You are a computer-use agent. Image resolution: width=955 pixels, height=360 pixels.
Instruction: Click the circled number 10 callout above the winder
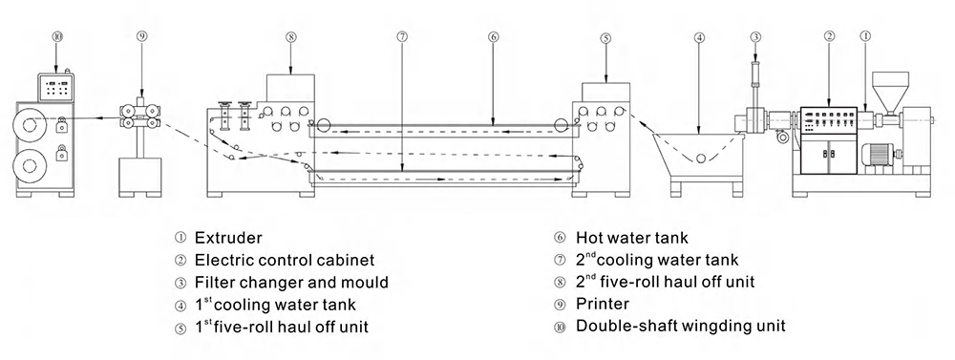[57, 37]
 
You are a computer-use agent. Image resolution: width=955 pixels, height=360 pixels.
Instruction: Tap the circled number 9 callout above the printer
[142, 37]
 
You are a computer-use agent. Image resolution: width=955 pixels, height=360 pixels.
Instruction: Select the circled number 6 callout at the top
[494, 37]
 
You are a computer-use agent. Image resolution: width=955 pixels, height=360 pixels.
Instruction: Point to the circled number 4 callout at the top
[699, 37]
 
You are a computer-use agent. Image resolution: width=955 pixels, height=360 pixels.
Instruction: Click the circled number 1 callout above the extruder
[865, 36]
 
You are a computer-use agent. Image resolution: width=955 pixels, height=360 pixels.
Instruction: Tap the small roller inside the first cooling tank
[701, 159]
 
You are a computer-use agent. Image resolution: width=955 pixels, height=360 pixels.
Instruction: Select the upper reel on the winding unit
[30, 126]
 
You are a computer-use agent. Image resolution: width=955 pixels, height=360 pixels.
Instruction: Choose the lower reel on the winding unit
[30, 165]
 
